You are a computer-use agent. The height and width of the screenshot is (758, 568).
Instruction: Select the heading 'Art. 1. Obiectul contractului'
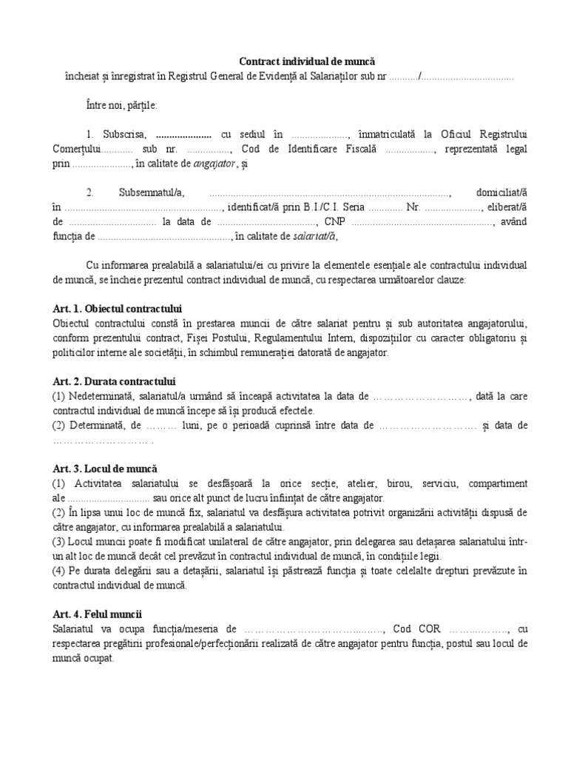pos(118,307)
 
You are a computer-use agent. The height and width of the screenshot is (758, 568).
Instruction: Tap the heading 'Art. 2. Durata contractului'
pos(114,382)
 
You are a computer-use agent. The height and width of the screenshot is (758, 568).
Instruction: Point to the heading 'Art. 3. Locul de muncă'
pos(105,469)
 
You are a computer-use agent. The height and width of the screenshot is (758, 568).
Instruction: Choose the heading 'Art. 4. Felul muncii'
pos(98,614)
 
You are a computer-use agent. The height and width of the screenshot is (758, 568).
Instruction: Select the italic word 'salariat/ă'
pos(314,237)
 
